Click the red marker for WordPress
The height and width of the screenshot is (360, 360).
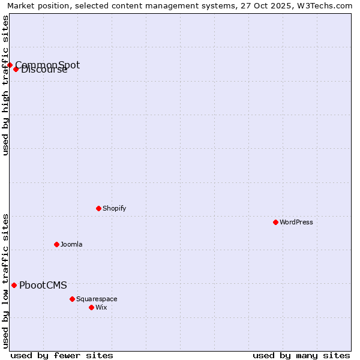[275, 222]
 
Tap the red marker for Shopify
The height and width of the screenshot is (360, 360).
[98, 208]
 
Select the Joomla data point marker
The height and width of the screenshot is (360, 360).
[56, 244]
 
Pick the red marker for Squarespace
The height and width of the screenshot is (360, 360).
[72, 299]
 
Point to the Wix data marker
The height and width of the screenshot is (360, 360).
[91, 307]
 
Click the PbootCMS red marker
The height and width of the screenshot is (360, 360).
[14, 285]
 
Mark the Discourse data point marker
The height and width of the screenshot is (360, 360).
[16, 69]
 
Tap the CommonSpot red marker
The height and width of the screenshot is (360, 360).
[10, 65]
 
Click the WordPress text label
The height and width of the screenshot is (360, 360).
[296, 222]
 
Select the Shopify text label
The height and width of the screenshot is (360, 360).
[114, 208]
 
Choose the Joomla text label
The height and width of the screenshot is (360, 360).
[71, 244]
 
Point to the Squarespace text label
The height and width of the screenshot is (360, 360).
[97, 299]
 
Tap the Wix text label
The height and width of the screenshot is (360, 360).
[101, 307]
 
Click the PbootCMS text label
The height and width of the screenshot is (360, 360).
[43, 286]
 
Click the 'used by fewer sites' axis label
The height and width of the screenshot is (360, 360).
[62, 355]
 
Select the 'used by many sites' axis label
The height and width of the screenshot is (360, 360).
[301, 355]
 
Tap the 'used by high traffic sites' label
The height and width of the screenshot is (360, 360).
[5, 85]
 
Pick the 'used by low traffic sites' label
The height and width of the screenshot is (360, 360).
[5, 281]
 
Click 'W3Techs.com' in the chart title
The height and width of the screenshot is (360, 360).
[327, 5]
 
